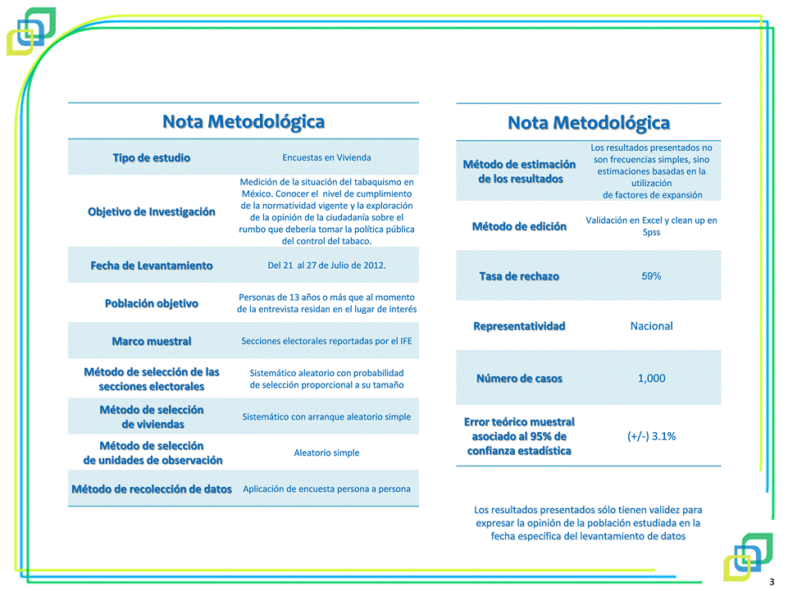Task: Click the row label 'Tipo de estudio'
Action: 152,157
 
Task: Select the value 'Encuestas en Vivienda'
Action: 326,157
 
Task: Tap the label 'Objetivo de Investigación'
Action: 152,211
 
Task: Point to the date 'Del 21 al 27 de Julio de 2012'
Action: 326,266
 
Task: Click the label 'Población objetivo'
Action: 152,303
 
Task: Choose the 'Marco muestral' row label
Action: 152,341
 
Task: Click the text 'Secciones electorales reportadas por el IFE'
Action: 326,341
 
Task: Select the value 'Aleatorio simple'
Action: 326,452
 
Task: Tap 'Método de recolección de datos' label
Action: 152,489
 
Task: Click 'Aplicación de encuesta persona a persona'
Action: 326,489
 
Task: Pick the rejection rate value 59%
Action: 651,276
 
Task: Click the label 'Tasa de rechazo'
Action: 519,276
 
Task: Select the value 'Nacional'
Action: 651,326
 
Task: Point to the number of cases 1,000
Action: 651,379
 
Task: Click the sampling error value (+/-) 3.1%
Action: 651,436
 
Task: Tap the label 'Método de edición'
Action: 519,226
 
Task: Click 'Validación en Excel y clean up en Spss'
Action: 651,226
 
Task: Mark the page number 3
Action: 772,582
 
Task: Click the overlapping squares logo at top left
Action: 31,31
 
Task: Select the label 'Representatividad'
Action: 519,326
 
